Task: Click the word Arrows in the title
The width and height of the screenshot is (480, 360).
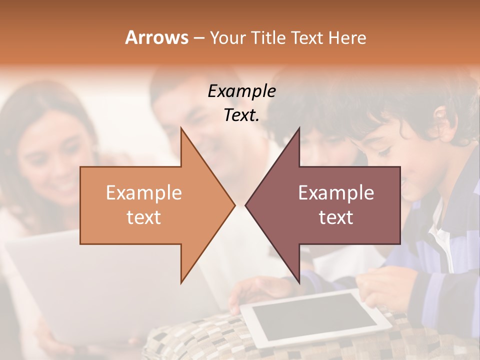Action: click(156, 37)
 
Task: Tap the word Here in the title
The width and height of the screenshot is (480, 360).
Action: click(347, 37)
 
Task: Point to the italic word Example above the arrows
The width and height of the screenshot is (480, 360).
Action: click(241, 91)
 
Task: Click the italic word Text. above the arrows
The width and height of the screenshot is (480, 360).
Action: click(241, 115)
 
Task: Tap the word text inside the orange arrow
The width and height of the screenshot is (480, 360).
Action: click(143, 217)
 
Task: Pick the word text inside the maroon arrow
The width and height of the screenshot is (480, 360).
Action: click(336, 217)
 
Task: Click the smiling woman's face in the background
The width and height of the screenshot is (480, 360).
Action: click(55, 160)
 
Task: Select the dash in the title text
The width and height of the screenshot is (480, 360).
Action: click(198, 38)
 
